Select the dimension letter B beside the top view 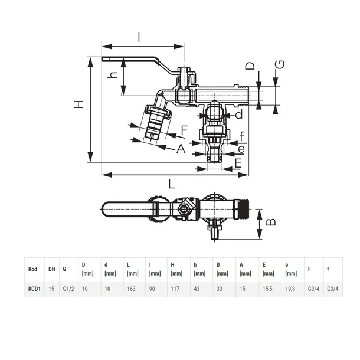pyautogui.click(x=271, y=222)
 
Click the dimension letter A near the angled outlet pyautogui.click(x=181, y=149)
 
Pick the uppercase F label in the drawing pyautogui.click(x=184, y=129)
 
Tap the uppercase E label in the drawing pyautogui.click(x=238, y=162)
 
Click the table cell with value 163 pyautogui.click(x=131, y=290)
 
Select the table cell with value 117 pyautogui.click(x=175, y=290)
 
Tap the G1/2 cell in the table pyautogui.click(x=69, y=290)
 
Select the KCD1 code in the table pyautogui.click(x=34, y=290)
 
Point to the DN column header pyautogui.click(x=51, y=269)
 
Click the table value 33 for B pyautogui.click(x=219, y=290)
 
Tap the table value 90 pyautogui.click(x=152, y=290)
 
